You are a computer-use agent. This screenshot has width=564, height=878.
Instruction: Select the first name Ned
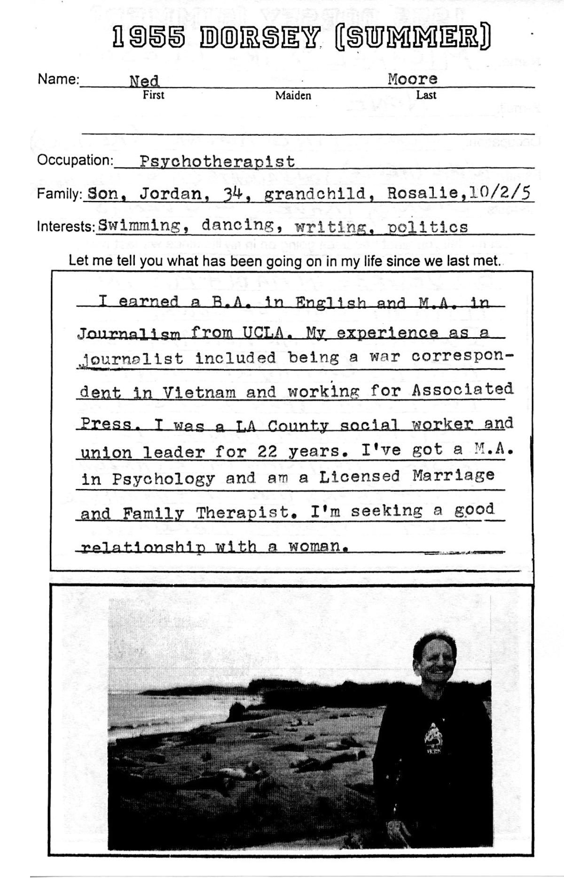(144, 81)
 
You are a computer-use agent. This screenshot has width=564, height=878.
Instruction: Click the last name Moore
(412, 79)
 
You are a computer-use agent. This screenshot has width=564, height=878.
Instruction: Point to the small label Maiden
(293, 96)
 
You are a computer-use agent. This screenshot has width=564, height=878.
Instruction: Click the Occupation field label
(75, 160)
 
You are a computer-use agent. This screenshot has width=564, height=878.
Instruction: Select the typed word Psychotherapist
(217, 162)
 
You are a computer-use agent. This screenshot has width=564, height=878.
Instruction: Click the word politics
(428, 227)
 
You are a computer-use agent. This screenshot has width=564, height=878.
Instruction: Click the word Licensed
(360, 477)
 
